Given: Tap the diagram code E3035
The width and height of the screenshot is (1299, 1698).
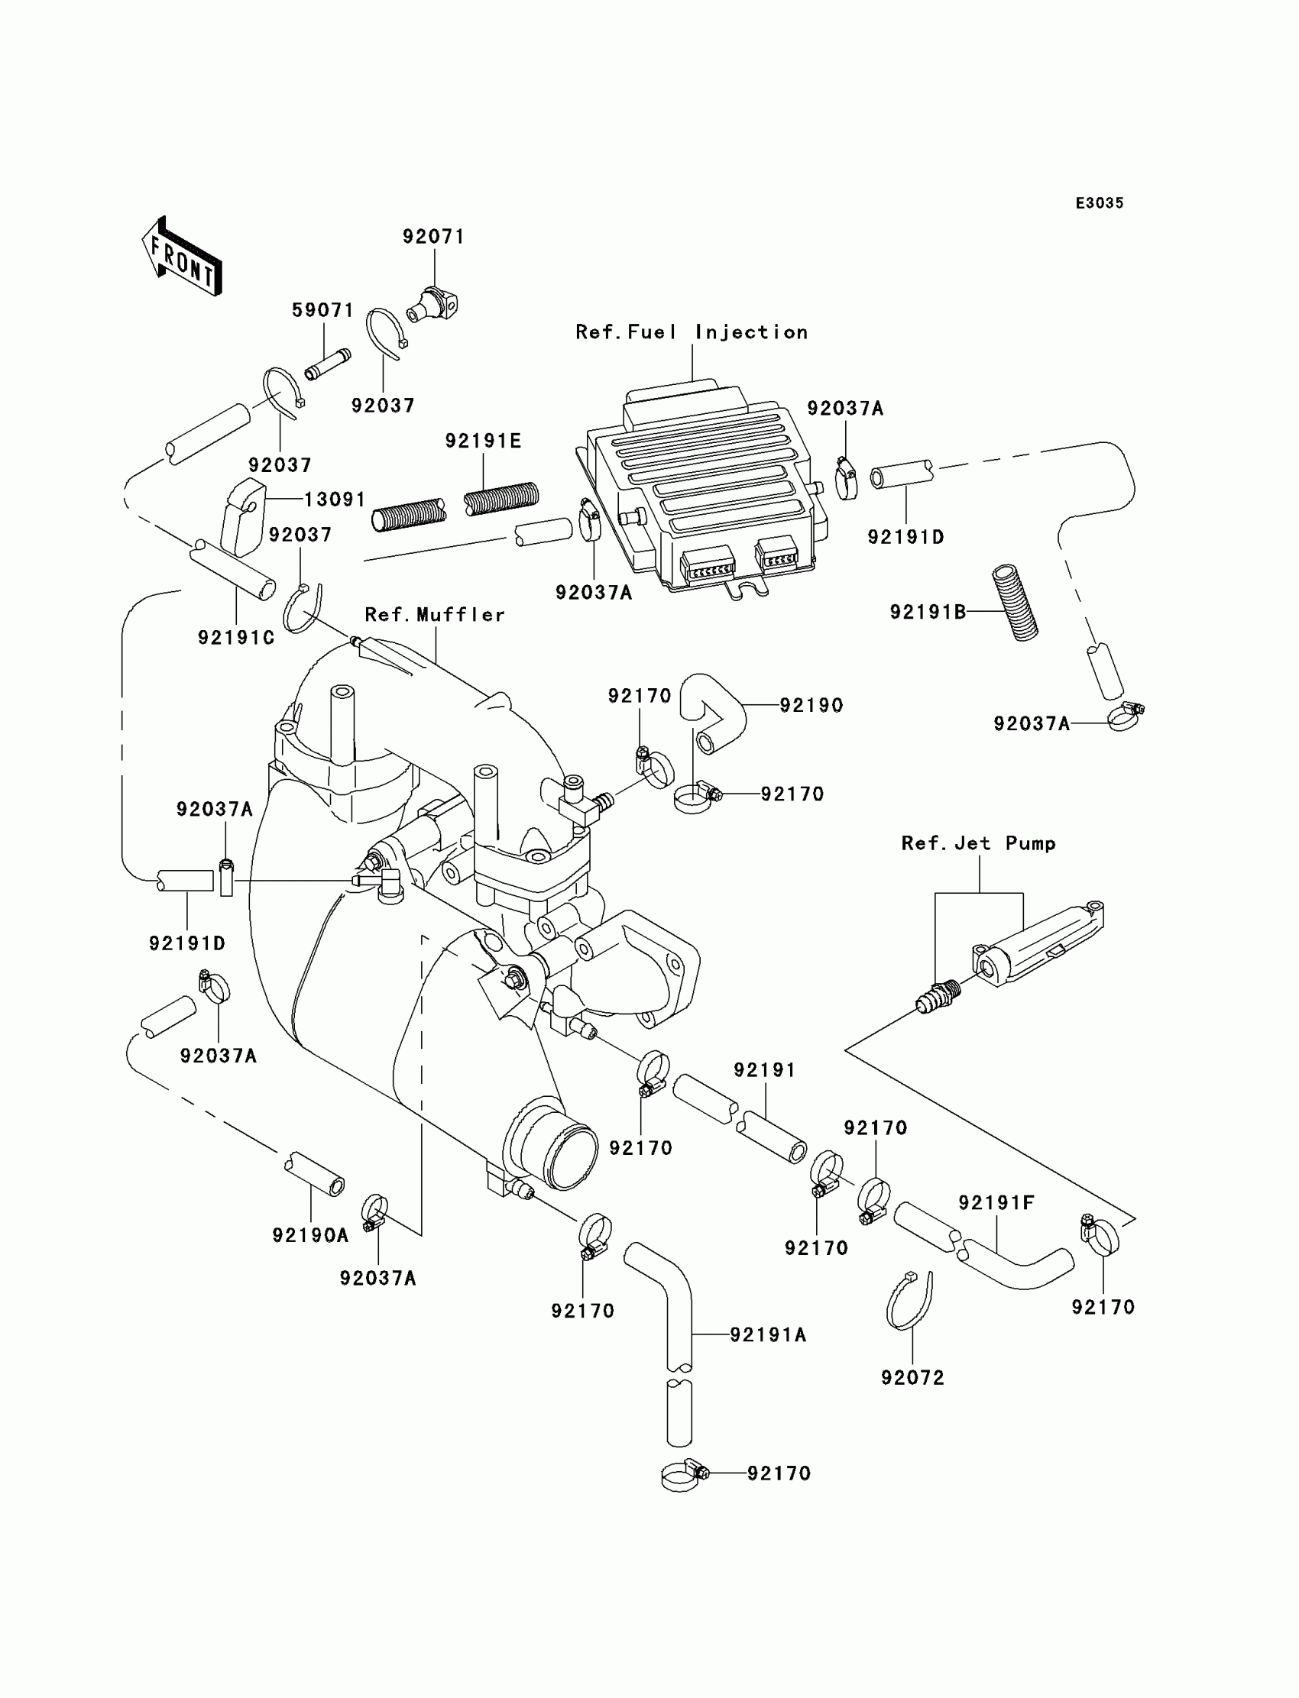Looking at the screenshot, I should point(1099,203).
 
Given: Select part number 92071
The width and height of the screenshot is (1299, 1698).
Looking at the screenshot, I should point(433,237).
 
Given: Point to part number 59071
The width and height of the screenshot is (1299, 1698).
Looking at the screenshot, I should point(322,311).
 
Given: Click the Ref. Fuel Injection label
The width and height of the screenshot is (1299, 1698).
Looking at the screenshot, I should point(692,332).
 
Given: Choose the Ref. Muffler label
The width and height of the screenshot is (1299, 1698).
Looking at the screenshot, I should point(435,614).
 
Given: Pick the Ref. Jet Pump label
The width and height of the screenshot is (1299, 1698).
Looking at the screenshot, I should point(978,843).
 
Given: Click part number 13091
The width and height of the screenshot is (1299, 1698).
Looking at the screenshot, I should point(334,500).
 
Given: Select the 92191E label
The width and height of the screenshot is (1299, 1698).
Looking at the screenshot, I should point(483,441).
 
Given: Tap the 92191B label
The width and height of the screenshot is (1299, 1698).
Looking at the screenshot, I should point(928,612).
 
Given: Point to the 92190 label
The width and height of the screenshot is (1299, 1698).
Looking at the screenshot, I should point(811,705).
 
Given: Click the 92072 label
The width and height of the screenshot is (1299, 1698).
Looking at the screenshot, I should point(912,1377).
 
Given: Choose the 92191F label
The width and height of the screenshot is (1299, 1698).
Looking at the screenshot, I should point(996,1202).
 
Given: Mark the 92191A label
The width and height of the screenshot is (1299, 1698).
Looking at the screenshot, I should point(768,1334).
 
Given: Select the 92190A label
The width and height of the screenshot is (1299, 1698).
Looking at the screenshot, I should point(310,1235).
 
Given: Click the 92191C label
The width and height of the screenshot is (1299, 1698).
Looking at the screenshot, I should point(237,638).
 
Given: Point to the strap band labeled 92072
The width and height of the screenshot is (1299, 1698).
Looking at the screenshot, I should point(908,1303).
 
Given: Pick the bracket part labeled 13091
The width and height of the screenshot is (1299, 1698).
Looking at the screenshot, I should point(241,516).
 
